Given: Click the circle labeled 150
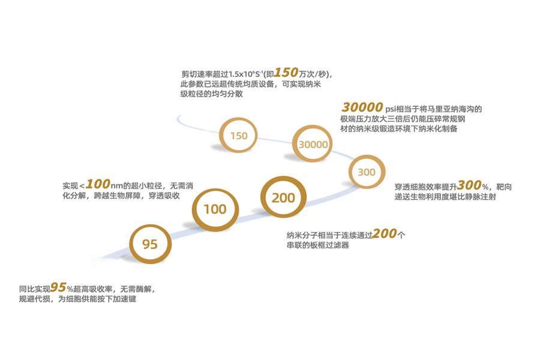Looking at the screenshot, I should click(238, 136).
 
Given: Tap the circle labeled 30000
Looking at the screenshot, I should click(313, 144).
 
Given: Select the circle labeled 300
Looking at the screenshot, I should click(366, 172).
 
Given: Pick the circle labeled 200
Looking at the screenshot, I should click(283, 197).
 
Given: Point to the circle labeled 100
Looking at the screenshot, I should click(215, 209).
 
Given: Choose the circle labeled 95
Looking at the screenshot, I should click(150, 244).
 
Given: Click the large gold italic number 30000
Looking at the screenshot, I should click(362, 107).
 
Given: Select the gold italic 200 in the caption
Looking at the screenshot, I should click(384, 233).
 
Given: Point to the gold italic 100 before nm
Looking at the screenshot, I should click(97, 184).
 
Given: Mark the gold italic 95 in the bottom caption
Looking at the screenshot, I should click(58, 287).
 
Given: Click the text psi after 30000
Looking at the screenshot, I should click(391, 109).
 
